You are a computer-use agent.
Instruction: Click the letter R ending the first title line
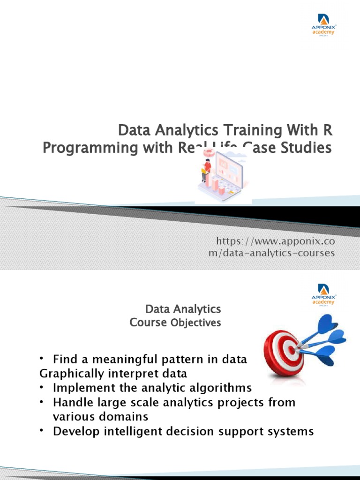[x=331, y=130]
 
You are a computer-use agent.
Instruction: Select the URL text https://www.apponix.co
[x=275, y=241]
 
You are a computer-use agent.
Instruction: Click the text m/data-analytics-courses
[x=272, y=253]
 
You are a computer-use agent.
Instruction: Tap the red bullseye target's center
[x=291, y=350]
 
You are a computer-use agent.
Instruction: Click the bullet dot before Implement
[x=42, y=388]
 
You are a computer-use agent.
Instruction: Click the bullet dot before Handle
[x=42, y=402]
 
